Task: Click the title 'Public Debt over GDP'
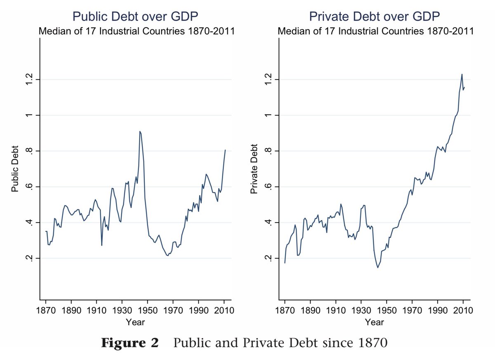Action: tap(135, 17)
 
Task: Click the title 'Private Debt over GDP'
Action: tap(375, 17)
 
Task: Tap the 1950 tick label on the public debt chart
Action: tap(148, 311)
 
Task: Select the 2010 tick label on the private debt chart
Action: tap(463, 311)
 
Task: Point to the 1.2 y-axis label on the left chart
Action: tap(29, 79)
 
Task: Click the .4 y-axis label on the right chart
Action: tap(268, 223)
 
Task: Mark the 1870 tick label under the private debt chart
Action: tap(285, 311)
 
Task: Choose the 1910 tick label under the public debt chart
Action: tap(97, 311)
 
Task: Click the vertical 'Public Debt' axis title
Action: tap(15, 169)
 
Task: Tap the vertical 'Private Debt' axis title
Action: tap(254, 169)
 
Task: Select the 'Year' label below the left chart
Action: tap(135, 322)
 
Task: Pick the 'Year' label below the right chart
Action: tap(375, 322)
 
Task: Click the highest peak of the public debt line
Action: tap(140, 131)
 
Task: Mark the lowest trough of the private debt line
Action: tap(378, 268)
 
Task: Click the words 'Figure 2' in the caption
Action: tap(130, 343)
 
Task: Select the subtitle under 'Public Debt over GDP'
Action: tap(137, 31)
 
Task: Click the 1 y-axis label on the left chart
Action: tap(29, 115)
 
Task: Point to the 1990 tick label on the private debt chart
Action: tap(438, 311)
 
